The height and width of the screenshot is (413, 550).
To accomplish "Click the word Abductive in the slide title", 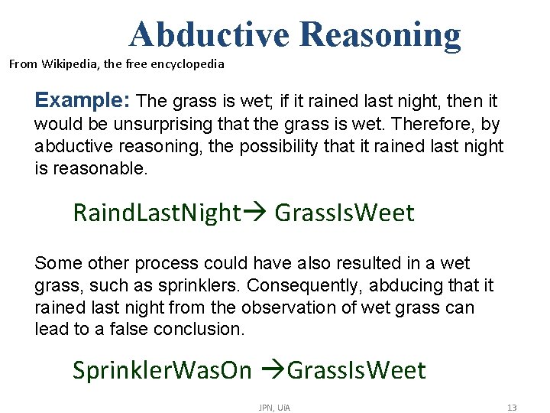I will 209,34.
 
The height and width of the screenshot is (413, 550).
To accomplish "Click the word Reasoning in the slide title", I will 380,34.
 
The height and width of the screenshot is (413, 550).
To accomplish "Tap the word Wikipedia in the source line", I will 68,63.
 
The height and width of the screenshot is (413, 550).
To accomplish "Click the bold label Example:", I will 84,100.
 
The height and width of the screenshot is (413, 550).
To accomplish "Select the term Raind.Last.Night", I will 157,213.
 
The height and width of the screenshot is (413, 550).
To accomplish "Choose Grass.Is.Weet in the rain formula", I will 344,213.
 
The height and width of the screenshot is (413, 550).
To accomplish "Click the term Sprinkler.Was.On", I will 162,370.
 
